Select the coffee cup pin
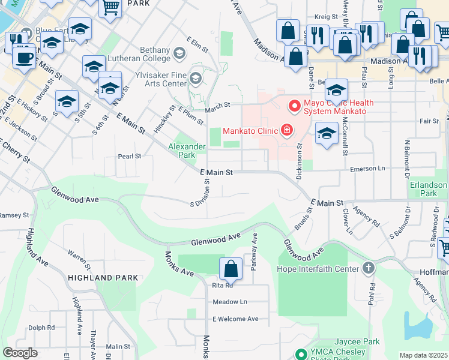[x=24, y=58]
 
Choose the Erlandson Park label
[x=428, y=190]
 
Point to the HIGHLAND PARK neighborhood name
[x=103, y=278]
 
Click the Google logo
[x=20, y=353]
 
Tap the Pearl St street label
[x=129, y=156]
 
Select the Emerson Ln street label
[x=365, y=170]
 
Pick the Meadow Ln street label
[x=230, y=302]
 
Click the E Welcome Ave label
[x=235, y=319]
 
